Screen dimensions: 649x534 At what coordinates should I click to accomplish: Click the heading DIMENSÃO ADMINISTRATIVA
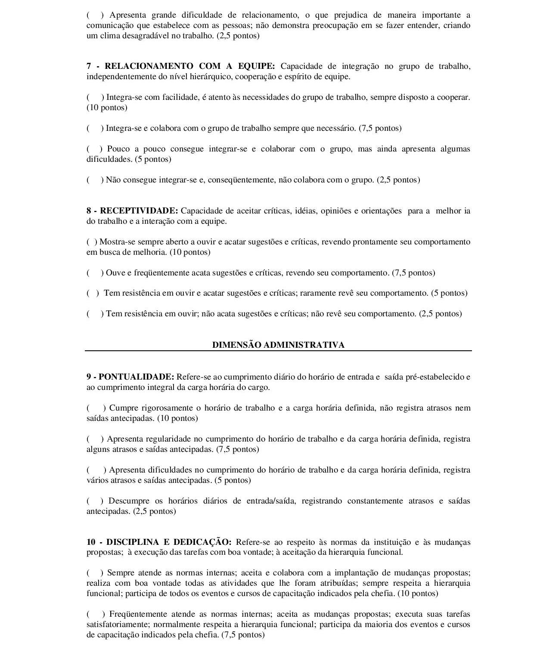pos(278,345)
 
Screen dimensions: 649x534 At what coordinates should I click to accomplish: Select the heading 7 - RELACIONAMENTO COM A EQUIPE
pos(180,66)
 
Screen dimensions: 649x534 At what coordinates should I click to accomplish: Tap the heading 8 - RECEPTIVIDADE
pos(132,211)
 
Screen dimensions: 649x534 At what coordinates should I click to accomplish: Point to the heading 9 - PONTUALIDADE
pos(130,377)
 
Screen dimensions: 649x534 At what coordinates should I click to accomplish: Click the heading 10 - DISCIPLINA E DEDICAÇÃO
pos(159,542)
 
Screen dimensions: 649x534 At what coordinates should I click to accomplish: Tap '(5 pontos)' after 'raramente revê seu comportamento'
pos(449,293)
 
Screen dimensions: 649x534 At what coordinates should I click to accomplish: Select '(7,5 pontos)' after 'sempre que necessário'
pos(380,128)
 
